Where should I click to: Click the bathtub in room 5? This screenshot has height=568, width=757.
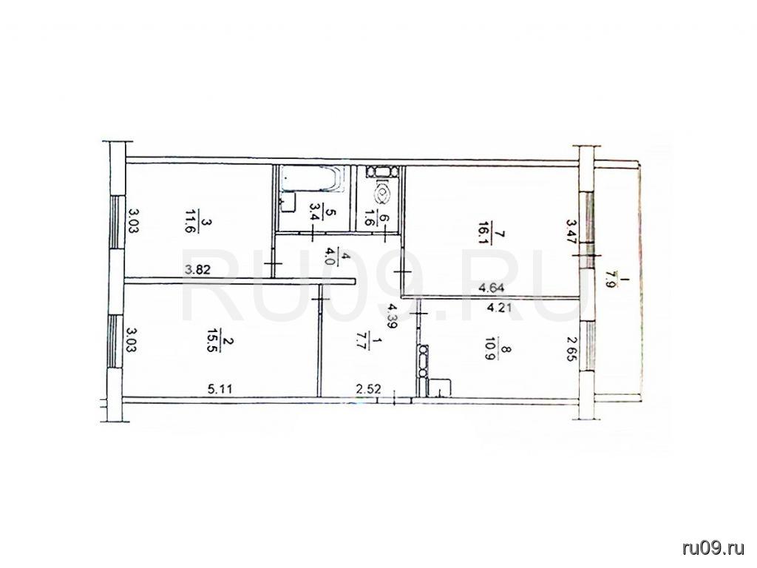(x=313, y=178)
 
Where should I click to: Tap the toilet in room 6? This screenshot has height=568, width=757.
(x=382, y=192)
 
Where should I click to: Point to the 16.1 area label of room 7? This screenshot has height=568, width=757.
(x=484, y=233)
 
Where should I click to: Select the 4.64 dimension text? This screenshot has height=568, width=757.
(x=492, y=289)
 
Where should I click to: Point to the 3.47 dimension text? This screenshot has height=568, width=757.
(x=571, y=232)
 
